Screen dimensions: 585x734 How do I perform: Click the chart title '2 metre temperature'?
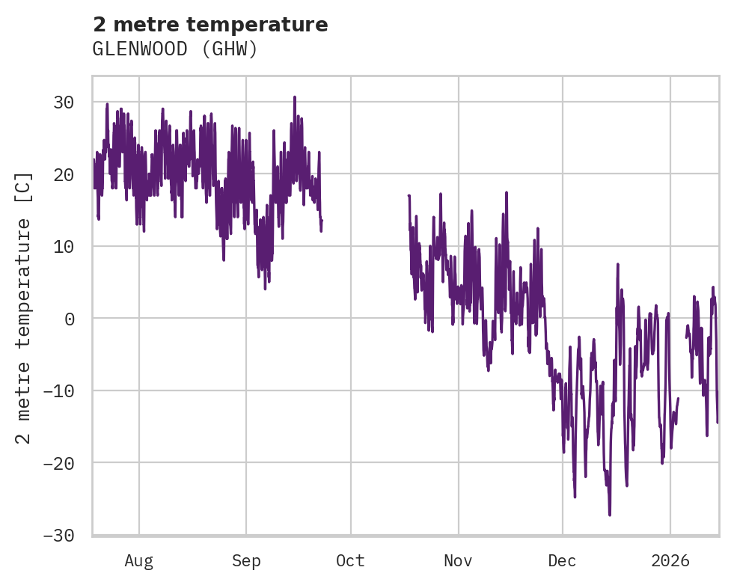click(x=210, y=25)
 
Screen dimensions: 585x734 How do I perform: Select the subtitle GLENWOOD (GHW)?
click(x=175, y=49)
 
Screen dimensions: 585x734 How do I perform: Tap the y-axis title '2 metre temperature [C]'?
click(x=24, y=307)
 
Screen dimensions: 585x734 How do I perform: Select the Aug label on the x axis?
click(x=139, y=561)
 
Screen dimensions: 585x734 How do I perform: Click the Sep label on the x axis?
click(x=246, y=561)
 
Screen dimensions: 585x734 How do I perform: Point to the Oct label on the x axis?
click(x=350, y=561)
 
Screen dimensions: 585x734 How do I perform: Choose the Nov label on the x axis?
click(x=458, y=561)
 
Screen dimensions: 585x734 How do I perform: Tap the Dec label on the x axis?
click(x=562, y=561)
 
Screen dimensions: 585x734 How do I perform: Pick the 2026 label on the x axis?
click(x=670, y=561)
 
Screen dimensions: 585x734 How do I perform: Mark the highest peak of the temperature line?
click(x=295, y=97)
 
